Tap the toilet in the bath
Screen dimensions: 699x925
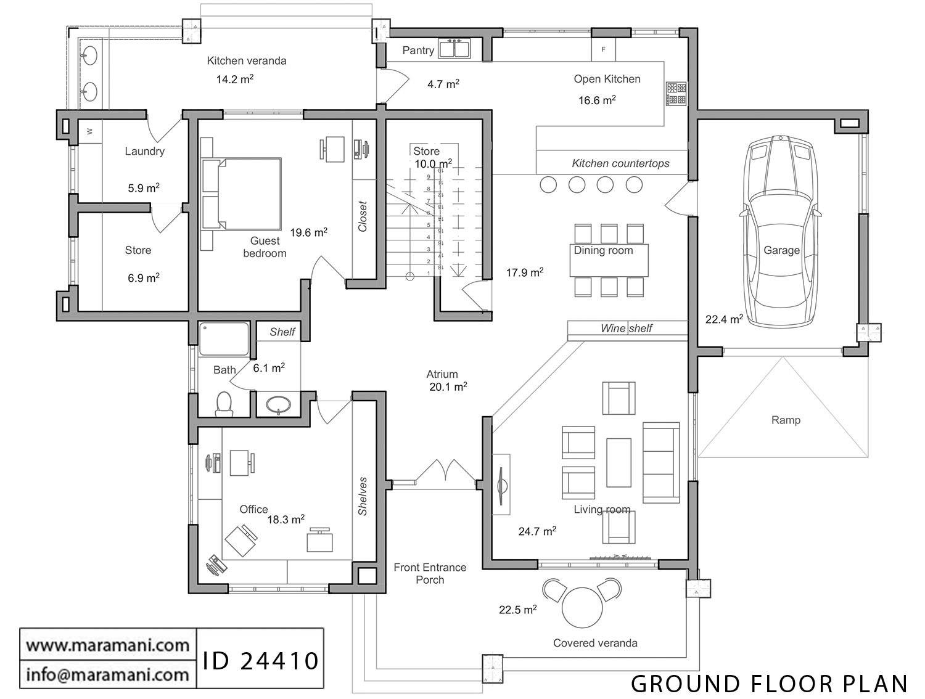[x=224, y=404]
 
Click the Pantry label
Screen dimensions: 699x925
[x=417, y=51]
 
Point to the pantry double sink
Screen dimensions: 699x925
[x=454, y=49]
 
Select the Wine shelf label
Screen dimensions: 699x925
[x=627, y=329]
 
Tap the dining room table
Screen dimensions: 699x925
[x=609, y=260]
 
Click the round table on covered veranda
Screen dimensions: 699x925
[x=583, y=607]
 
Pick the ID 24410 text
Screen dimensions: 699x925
[x=261, y=660]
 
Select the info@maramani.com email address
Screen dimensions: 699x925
[x=108, y=674]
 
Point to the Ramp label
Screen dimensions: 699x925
[x=786, y=420]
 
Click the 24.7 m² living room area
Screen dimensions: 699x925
[x=537, y=531]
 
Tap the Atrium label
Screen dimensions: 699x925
[x=442, y=374]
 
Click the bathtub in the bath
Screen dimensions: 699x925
[x=224, y=339]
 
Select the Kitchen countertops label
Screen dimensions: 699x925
[x=620, y=163]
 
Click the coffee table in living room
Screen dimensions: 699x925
[x=619, y=462]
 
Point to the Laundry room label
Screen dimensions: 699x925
[x=144, y=151]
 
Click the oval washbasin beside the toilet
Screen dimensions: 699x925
[x=278, y=404]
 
